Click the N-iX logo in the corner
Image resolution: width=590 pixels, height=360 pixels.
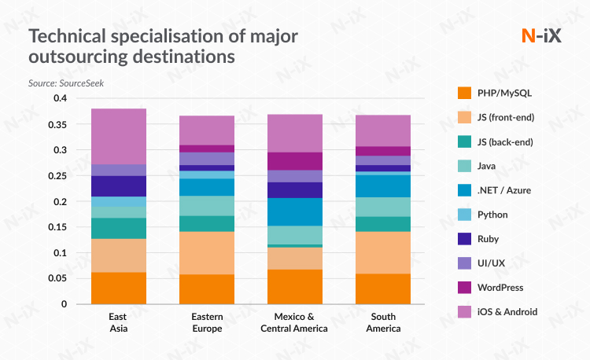(x=541, y=36)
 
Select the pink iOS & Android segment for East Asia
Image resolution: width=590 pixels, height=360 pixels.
(x=119, y=136)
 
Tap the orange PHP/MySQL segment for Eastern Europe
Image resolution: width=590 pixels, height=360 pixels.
(x=207, y=288)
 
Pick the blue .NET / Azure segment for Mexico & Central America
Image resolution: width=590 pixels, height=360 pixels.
(x=295, y=211)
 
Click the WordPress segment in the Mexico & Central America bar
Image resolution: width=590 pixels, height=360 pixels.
(x=295, y=161)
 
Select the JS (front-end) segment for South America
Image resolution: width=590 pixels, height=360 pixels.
(x=383, y=252)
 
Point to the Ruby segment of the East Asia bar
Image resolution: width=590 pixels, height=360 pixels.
(x=119, y=186)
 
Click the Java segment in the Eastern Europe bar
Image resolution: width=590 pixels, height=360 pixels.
(x=207, y=206)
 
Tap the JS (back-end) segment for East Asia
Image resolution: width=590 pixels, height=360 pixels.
(x=119, y=228)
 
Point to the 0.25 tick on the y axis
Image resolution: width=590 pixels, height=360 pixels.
(x=60, y=176)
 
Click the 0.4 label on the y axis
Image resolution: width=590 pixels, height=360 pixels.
(x=61, y=98)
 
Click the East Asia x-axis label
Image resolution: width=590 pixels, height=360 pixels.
(x=119, y=322)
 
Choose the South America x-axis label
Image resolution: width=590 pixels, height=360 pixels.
(x=383, y=322)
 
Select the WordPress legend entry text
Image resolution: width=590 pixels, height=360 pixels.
(x=500, y=288)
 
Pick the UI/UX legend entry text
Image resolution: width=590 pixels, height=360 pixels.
(x=492, y=263)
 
